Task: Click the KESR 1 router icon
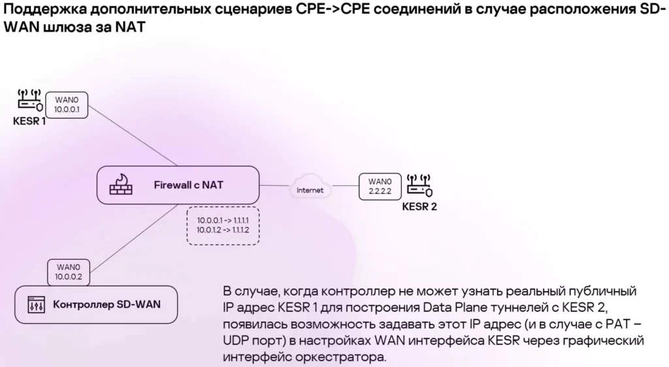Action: tap(29, 102)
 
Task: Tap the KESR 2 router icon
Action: tap(419, 186)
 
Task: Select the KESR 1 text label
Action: tap(29, 122)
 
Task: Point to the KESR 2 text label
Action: tap(419, 206)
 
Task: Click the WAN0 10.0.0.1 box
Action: tap(67, 105)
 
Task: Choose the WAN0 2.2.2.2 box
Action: tap(379, 186)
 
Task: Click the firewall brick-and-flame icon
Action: tap(120, 185)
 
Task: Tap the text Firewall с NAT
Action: tap(188, 185)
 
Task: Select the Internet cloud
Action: tap(310, 190)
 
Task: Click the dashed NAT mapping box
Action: tap(223, 226)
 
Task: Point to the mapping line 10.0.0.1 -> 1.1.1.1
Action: tap(223, 220)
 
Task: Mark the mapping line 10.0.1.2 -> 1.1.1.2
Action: tap(223, 231)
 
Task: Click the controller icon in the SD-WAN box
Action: tap(35, 304)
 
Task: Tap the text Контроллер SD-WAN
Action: tap(106, 304)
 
